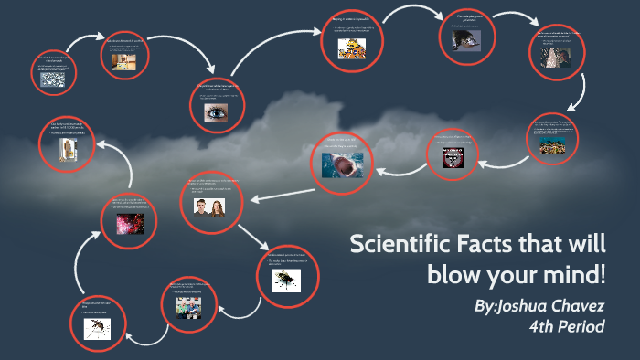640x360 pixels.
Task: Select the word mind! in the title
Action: coord(576,274)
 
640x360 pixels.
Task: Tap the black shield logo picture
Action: coord(454,155)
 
